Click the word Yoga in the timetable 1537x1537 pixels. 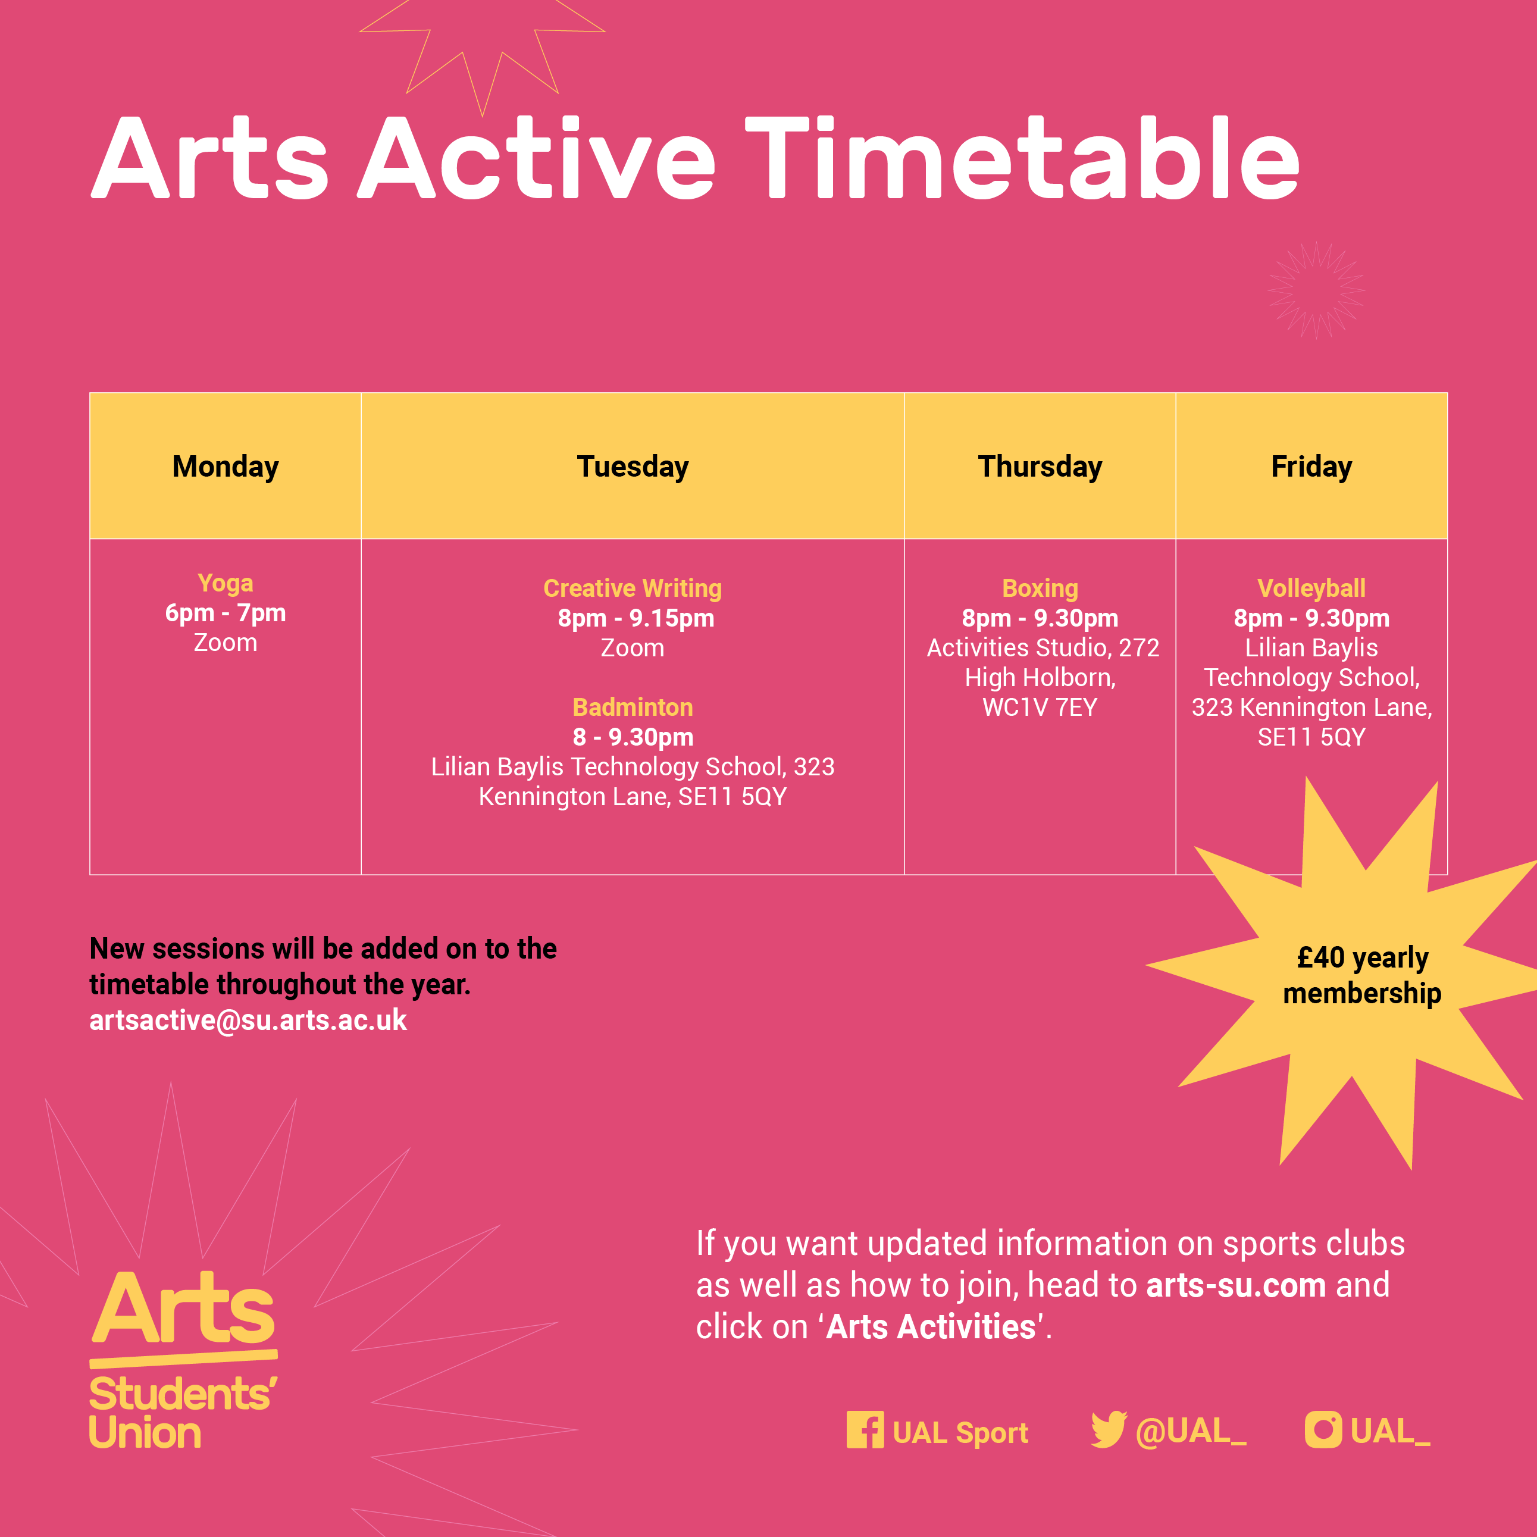(225, 584)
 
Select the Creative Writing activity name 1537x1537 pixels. (633, 588)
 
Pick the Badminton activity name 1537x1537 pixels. (633, 708)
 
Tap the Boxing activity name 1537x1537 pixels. (1040, 588)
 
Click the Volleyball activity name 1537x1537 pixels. (1311, 588)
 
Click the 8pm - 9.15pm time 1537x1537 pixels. (636, 619)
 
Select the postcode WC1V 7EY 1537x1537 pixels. (1040, 708)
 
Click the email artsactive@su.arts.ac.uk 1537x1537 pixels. (248, 1021)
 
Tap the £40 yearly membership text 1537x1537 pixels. (1362, 976)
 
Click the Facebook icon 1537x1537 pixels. (865, 1430)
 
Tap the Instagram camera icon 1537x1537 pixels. (1323, 1430)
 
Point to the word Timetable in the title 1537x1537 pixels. (1022, 159)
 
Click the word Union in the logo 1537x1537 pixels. (145, 1433)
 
